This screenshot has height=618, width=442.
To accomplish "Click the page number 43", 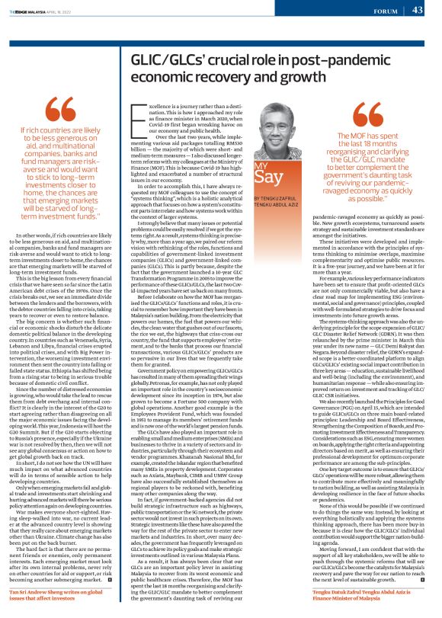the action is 418,10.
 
